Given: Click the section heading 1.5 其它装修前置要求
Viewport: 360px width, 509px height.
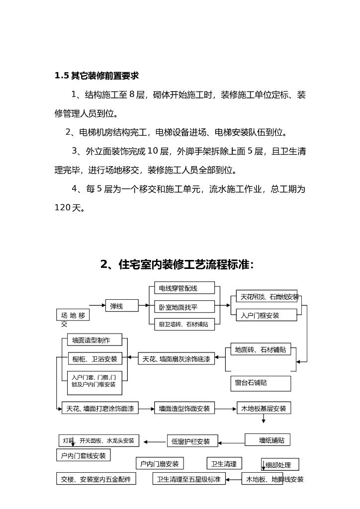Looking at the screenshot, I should point(96,76).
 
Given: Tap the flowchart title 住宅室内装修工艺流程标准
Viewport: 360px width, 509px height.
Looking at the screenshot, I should point(177,264).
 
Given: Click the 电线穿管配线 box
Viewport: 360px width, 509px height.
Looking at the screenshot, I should point(181,288).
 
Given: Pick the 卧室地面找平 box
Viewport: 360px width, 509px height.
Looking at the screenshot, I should point(181,306).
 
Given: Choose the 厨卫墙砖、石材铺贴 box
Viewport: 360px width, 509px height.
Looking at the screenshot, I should point(181,325).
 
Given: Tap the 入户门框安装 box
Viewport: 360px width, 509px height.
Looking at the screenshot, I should point(264,315).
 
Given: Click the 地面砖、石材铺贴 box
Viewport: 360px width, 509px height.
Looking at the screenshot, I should point(261,349).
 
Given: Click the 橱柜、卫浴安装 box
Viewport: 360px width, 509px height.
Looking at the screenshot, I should point(95,359).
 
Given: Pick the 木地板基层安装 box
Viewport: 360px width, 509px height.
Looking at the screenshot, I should point(264,409).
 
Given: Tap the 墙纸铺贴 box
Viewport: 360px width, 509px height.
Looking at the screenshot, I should point(268,440).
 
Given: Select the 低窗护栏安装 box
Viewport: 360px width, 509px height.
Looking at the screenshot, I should point(191,441).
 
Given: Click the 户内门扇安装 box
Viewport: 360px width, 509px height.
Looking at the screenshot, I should point(160,464).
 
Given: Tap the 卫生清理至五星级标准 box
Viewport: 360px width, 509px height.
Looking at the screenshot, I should point(188,479).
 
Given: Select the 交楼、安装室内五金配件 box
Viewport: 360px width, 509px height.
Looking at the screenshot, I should point(96,479).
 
